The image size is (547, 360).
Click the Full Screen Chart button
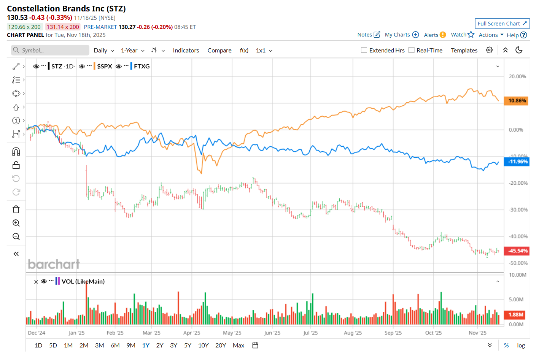502,24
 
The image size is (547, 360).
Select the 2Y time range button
160,345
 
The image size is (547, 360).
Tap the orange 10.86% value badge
516,101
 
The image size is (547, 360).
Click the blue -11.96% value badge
516,162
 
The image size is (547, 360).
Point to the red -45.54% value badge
516,251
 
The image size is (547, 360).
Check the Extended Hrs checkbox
364,50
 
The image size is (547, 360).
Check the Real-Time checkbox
411,50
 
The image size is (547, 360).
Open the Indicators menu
186,51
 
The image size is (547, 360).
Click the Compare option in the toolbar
219,51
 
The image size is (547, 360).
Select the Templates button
464,51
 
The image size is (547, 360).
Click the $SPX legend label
104,66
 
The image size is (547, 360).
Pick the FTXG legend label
142,66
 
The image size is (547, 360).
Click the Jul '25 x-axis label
310,333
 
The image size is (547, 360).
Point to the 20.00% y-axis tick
517,76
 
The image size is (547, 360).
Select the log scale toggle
521,346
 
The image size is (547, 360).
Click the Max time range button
239,345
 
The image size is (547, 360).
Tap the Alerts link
431,35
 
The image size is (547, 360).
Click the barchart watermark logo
54,264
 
